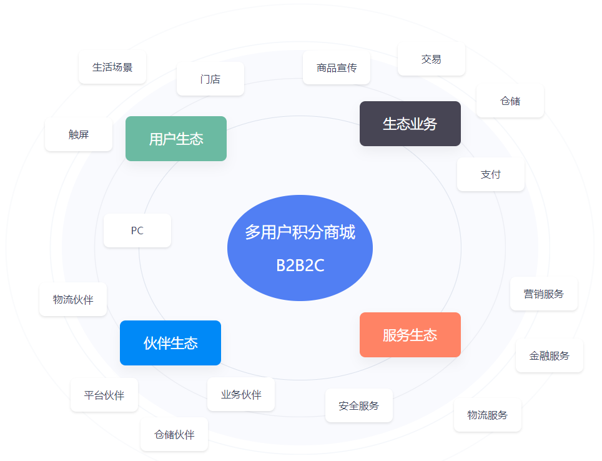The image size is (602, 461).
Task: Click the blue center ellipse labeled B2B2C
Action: (300, 248)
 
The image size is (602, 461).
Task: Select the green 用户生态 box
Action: (176, 139)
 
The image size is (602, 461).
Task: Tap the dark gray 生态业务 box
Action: (410, 124)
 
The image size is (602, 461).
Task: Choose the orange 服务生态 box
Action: (410, 335)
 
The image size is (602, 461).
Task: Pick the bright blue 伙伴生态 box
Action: (170, 343)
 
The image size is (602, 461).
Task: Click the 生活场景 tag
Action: (112, 67)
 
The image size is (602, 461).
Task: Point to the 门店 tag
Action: (210, 79)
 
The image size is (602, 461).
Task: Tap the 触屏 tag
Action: (79, 134)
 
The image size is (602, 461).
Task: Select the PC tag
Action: (137, 230)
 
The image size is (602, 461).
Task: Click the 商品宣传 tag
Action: (337, 68)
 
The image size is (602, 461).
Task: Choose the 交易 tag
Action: (432, 59)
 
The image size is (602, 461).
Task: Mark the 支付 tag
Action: (491, 175)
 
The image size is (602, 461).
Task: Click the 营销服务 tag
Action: (544, 294)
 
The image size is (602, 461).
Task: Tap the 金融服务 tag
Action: (550, 356)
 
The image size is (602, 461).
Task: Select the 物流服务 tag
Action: (488, 415)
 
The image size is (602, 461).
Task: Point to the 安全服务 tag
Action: (359, 406)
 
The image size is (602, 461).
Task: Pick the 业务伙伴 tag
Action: (241, 395)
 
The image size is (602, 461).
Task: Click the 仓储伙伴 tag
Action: (174, 435)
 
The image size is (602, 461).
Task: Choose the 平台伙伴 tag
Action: (104, 395)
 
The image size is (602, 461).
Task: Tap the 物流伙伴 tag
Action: (73, 300)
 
